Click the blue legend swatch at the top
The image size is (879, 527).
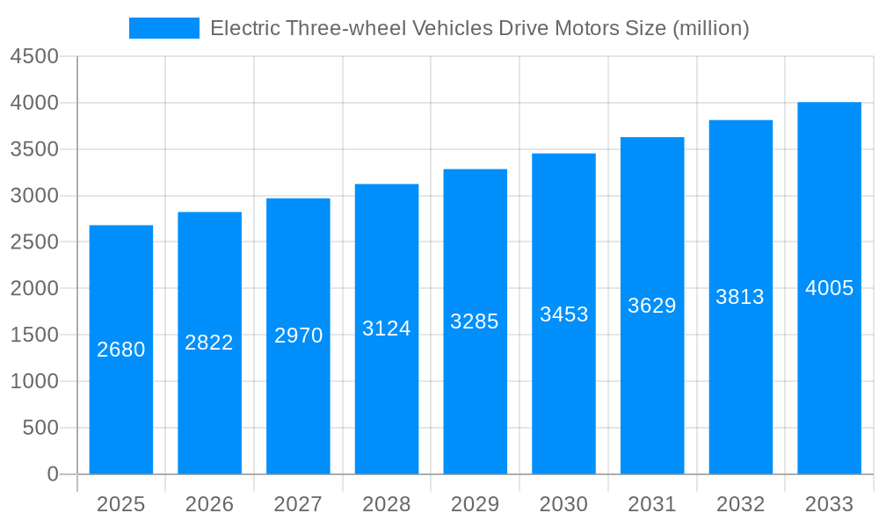tap(163, 28)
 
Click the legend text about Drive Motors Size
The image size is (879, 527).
tap(479, 28)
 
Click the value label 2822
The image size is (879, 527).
tap(209, 343)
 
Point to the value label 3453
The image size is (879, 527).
tap(563, 314)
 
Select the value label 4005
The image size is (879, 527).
tap(829, 288)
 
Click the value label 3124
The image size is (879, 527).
tap(387, 328)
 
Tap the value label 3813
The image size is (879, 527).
tap(740, 297)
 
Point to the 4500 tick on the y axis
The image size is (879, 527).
tap(34, 57)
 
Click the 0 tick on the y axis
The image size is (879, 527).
tap(52, 474)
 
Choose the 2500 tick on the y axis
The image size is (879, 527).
tap(34, 242)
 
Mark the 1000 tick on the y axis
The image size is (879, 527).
tap(34, 381)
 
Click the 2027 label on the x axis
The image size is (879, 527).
tap(298, 504)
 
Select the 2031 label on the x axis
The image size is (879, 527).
tap(652, 504)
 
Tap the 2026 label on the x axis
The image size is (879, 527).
tap(209, 504)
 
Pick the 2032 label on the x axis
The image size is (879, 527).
tap(740, 504)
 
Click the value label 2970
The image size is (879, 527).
tap(298, 336)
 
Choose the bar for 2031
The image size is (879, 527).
tap(652, 395)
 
